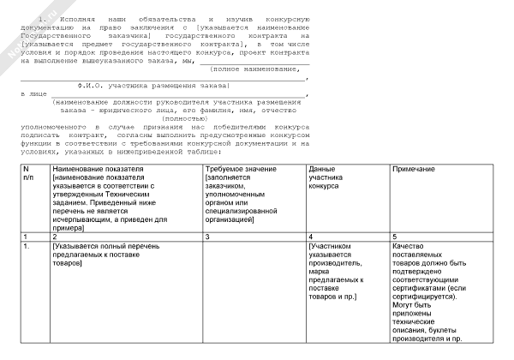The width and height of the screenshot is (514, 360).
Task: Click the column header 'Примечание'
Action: (x=412, y=169)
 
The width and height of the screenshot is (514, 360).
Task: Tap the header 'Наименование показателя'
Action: (x=92, y=169)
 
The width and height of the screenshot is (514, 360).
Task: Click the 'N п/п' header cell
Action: (x=27, y=172)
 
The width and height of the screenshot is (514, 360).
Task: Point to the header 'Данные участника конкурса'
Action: (x=324, y=177)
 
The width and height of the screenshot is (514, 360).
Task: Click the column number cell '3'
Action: (x=207, y=235)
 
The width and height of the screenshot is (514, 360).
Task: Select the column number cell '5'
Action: (x=395, y=235)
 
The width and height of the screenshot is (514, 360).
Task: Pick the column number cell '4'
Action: (x=311, y=235)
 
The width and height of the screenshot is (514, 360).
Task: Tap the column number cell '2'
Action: (x=55, y=235)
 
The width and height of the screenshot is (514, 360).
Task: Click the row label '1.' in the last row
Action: (x=27, y=247)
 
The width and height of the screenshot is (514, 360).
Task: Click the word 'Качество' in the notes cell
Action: (x=408, y=247)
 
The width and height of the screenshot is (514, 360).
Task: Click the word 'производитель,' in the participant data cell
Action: (x=336, y=263)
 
